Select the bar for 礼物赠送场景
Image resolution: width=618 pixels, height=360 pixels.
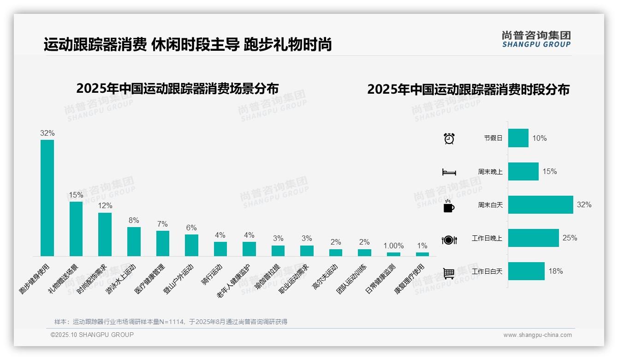pos(76,228)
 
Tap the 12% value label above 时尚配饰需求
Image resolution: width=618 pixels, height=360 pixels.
pos(105,205)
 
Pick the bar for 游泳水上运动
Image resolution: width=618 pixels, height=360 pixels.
pos(134,241)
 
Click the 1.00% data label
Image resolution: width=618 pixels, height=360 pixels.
pos(393,246)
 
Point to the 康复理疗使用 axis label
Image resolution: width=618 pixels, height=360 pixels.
pos(410,279)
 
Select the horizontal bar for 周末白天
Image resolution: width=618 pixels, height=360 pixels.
pos(541,204)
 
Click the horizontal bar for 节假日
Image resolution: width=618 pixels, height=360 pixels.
pos(518,138)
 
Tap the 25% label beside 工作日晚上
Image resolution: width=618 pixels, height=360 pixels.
pos(570,238)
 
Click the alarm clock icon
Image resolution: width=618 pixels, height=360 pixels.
pos(449,138)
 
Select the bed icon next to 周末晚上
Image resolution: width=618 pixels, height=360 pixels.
pos(449,172)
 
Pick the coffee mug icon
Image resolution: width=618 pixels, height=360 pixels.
pos(449,205)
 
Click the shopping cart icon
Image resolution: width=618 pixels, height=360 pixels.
pos(449,273)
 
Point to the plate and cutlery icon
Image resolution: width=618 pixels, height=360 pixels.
pos(449,240)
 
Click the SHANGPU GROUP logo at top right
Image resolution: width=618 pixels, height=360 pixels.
pos(536,39)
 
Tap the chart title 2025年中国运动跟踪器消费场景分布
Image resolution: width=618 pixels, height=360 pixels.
pos(178,89)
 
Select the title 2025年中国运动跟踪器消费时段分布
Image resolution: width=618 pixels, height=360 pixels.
pos(468,90)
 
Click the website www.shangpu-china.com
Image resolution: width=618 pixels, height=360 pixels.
pos(537,335)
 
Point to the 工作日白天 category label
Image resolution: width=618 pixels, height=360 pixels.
pos(487,271)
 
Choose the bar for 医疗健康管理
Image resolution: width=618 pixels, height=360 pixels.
pos(163,243)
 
